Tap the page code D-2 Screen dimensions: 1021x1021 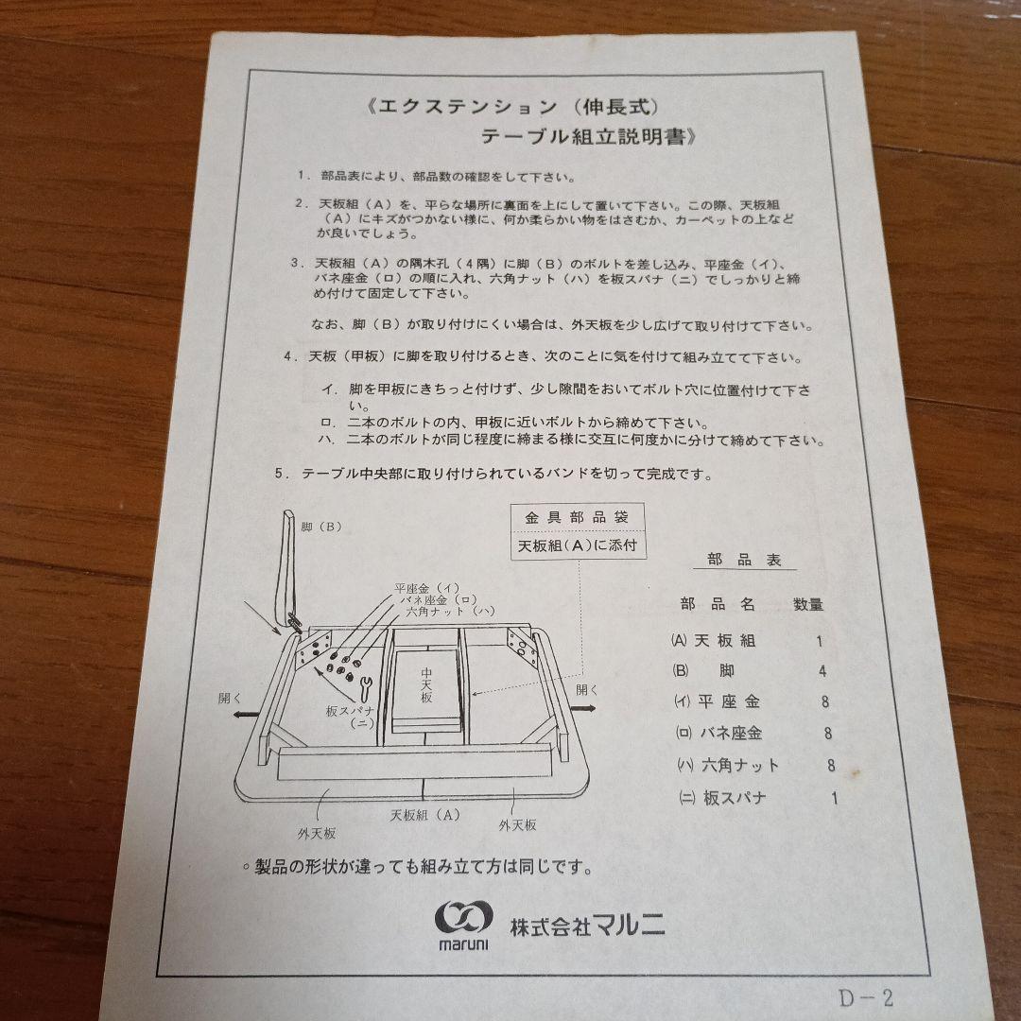864,996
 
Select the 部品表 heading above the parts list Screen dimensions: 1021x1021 745,560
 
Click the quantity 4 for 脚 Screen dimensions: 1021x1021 822,671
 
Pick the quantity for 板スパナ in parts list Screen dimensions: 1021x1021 834,797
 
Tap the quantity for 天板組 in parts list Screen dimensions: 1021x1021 819,640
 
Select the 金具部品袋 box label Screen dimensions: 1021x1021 577,517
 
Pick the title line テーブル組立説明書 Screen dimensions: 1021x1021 589,135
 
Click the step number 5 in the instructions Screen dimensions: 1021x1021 281,475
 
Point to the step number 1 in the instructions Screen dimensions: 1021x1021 301,177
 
